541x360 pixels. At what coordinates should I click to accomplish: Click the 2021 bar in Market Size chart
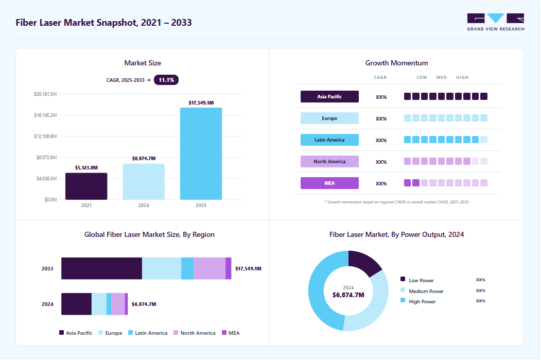point(86,186)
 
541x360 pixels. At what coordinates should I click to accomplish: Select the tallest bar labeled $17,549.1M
point(201,153)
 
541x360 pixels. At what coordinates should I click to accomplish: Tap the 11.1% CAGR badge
point(166,80)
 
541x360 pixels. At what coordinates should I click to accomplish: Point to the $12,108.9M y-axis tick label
point(45,136)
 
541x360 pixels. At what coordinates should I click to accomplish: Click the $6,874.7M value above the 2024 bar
point(144,159)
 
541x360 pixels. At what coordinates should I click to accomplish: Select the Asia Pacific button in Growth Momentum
point(329,97)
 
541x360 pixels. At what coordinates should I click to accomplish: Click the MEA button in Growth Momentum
point(329,183)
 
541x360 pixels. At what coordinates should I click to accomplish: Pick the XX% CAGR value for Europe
point(381,119)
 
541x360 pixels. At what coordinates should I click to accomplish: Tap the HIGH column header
point(462,77)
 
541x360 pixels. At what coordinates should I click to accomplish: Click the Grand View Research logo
point(496,22)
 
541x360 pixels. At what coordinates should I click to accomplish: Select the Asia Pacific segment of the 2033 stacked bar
point(102,268)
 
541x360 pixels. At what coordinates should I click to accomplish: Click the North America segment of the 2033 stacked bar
point(210,268)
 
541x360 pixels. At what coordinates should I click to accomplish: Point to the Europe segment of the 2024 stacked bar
point(99,304)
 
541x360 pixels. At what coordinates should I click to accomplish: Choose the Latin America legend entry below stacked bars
point(148,333)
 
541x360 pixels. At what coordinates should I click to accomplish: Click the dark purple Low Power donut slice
point(363,262)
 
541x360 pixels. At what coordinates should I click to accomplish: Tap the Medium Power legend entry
point(422,291)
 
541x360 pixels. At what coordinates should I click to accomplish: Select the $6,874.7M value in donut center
point(348,295)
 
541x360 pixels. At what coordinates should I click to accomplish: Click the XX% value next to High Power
point(481,301)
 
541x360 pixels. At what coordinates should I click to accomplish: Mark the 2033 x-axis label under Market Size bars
point(201,205)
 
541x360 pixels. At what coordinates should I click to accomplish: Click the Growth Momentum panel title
point(396,63)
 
